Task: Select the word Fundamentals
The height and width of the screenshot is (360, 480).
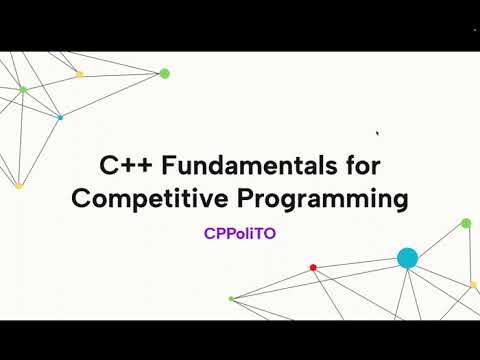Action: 240,164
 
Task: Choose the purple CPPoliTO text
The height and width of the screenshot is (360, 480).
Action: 240,236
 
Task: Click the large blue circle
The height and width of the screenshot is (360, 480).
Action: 407,258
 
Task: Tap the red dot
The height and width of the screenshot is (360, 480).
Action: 313,267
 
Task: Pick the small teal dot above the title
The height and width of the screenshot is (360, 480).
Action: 60,118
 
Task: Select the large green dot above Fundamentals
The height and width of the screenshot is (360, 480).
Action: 164,73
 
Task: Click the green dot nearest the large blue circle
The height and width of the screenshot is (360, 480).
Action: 466,223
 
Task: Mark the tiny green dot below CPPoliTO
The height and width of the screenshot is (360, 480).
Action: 231,298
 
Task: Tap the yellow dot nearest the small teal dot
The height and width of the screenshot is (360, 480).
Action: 80,74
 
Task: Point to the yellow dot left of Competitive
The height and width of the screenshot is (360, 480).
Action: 18,185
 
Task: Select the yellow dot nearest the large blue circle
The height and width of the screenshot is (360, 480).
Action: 473,285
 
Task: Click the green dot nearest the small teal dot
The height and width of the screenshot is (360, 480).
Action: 23,90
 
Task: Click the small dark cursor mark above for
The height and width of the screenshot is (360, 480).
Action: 377,132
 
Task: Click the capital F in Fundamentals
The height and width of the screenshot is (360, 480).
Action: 157,164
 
